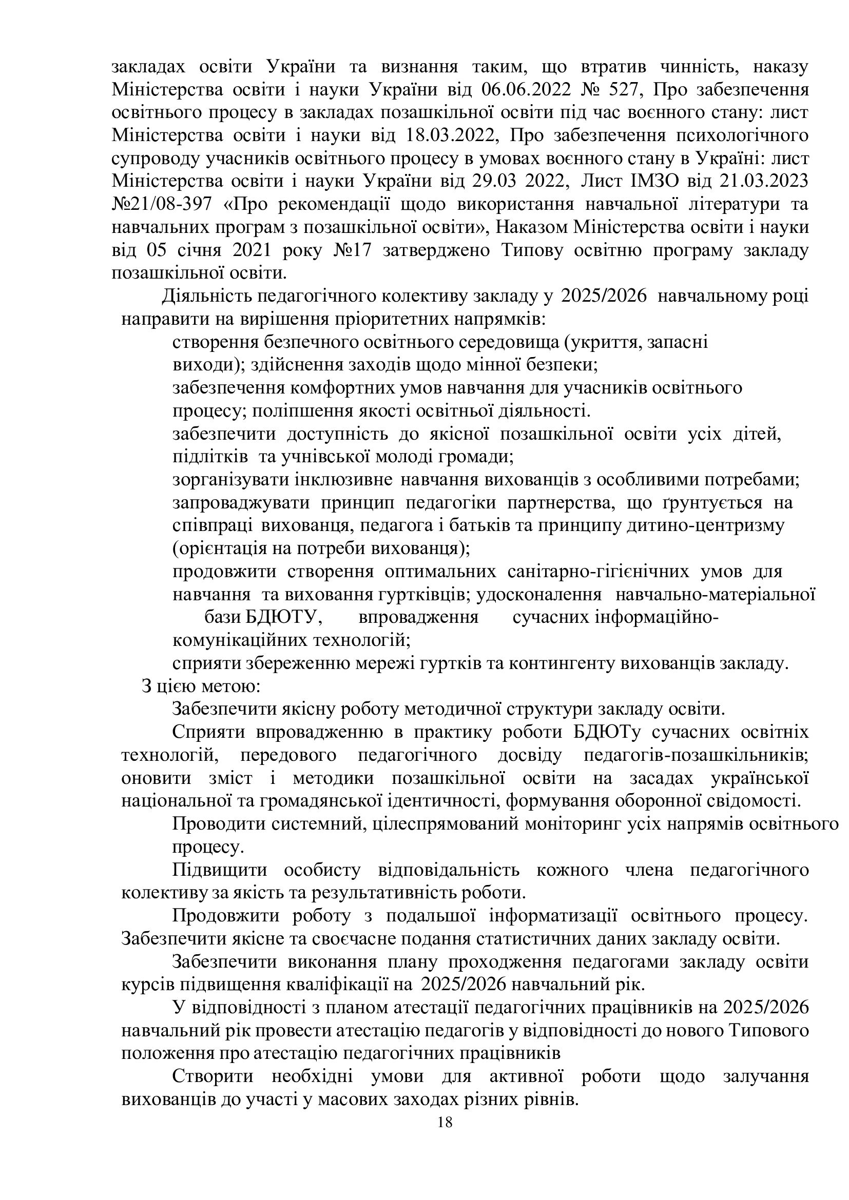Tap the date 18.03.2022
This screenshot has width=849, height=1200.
[451, 135]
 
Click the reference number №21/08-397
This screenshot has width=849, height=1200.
[162, 204]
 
